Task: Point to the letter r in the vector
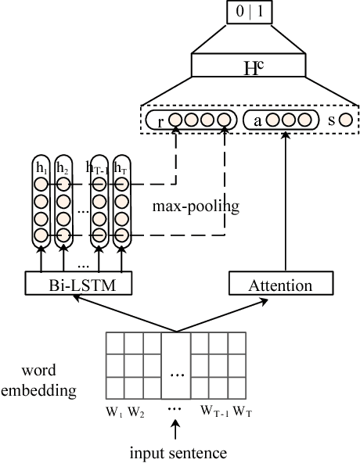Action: (160, 122)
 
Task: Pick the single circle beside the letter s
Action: (344, 122)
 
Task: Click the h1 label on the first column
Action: (41, 167)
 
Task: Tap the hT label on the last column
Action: (121, 167)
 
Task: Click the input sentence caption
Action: (179, 451)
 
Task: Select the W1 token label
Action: (114, 410)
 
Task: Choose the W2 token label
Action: (135, 410)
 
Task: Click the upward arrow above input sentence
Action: (176, 429)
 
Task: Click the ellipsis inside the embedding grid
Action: (178, 375)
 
